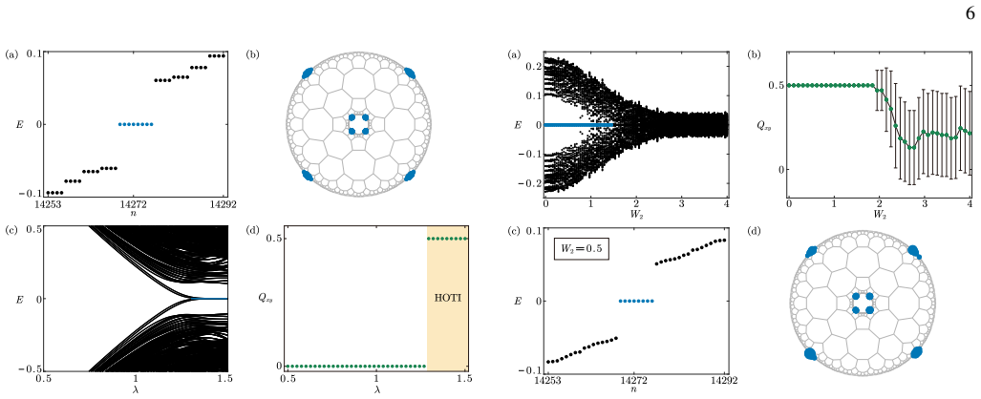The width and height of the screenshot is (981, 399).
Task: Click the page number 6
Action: click(x=971, y=13)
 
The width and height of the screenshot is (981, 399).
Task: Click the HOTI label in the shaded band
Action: click(x=447, y=299)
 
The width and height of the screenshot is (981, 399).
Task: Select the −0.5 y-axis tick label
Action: click(x=29, y=369)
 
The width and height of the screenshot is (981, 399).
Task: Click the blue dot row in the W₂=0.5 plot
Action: click(x=636, y=301)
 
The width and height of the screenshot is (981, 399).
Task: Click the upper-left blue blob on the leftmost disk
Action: click(x=309, y=73)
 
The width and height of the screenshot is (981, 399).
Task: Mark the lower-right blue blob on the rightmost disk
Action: click(x=917, y=353)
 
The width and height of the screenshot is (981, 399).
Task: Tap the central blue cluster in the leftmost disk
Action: click(x=358, y=124)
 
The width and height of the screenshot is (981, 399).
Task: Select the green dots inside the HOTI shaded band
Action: click(x=447, y=239)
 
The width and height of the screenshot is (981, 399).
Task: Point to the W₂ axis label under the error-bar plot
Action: click(x=879, y=217)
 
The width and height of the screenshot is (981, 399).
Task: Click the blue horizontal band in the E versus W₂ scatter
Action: click(x=579, y=125)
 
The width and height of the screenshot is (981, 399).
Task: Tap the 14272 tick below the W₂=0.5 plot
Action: click(x=635, y=380)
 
